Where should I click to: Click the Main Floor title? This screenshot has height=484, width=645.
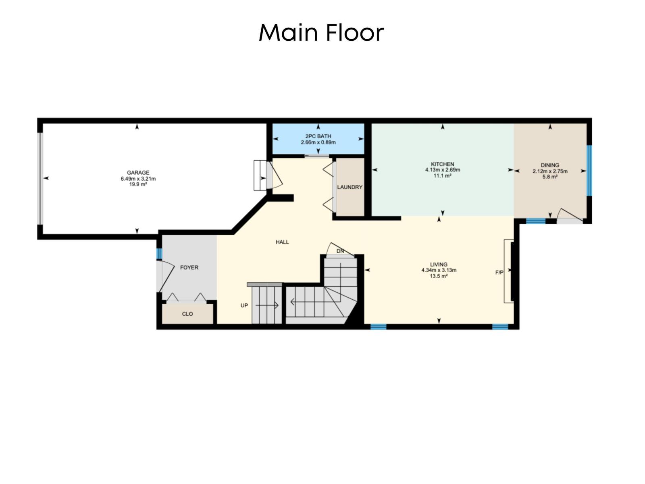[x=321, y=32]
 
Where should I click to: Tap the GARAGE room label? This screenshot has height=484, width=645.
[x=138, y=173]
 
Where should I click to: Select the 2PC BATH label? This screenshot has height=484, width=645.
[x=318, y=136]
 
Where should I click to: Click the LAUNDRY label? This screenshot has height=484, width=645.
[x=350, y=187]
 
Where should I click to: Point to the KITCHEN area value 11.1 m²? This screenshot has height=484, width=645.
[x=442, y=175]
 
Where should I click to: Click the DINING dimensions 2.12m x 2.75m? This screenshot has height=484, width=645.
[x=550, y=171]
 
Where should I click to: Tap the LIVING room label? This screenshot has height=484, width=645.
[x=439, y=265]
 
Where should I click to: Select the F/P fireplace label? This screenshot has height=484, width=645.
[x=499, y=273]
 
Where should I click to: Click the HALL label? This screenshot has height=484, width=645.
[x=282, y=242]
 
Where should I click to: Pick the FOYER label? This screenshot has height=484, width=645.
[x=189, y=267]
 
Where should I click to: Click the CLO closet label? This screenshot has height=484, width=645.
[x=187, y=314]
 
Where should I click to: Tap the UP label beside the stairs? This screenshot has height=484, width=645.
[x=244, y=305]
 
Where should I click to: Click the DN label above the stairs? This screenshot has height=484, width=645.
[x=340, y=251]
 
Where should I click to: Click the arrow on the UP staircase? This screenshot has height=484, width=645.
[x=267, y=305]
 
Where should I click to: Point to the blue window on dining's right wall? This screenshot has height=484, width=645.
[x=589, y=170]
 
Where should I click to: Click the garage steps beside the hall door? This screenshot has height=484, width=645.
[x=260, y=175]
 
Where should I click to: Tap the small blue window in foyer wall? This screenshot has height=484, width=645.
[x=159, y=253]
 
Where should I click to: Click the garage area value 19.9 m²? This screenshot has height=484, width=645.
[x=138, y=184]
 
